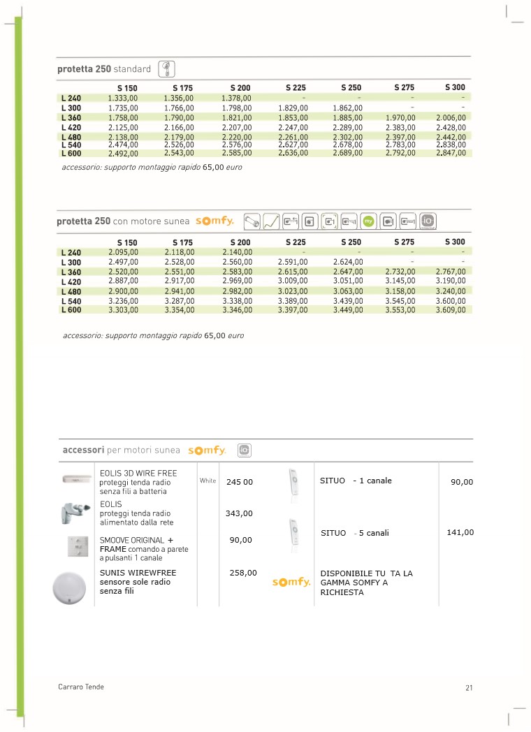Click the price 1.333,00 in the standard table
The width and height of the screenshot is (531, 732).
coord(123,98)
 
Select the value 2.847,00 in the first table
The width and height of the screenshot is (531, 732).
coord(451,153)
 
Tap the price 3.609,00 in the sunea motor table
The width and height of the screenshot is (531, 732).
coord(451,310)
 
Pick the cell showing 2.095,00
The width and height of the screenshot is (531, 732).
coord(123,252)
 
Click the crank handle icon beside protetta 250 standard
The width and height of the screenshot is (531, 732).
coord(166,68)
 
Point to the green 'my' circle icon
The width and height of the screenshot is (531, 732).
coord(370,221)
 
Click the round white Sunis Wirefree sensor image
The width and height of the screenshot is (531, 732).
coord(72,588)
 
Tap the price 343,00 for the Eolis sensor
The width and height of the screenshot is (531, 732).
coord(239,513)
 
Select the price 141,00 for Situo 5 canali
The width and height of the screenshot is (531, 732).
coord(460,532)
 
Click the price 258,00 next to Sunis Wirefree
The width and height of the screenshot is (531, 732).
coord(243,573)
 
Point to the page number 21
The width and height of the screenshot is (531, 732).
coord(469,688)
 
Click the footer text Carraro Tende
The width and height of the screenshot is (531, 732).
coord(81,687)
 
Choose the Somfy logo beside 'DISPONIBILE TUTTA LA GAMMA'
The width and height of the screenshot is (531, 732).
coord(291,583)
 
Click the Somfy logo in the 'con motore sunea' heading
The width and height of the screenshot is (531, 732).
coord(214,221)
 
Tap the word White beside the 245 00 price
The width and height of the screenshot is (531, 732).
coord(208,481)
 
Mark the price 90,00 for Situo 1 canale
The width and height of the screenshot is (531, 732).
coord(462,482)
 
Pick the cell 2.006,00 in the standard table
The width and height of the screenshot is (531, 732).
coord(451,118)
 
